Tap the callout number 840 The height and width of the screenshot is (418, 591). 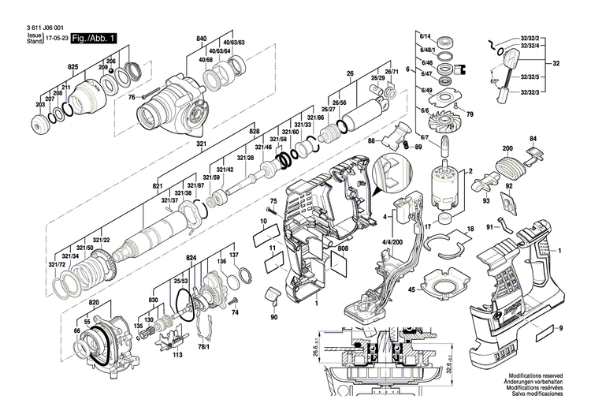click(202, 39)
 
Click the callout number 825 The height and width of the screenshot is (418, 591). click(72, 68)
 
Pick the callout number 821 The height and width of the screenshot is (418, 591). click(158, 185)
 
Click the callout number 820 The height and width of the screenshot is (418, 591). click(95, 302)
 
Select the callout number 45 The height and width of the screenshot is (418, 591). click(411, 289)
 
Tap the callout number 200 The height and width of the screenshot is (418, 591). click(507, 147)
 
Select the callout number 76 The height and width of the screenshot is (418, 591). click(132, 97)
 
